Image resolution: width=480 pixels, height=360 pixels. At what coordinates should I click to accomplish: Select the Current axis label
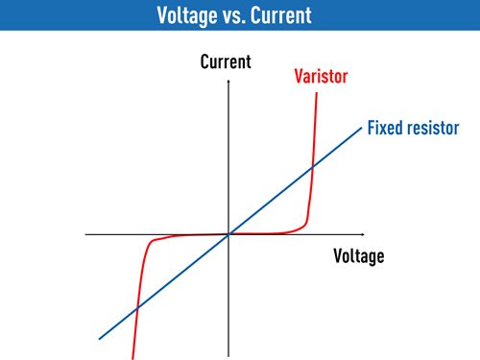point(225,62)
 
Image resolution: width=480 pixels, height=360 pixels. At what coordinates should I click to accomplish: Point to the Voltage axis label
point(358,256)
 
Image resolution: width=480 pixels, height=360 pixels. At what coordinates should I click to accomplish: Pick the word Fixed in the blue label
point(388,128)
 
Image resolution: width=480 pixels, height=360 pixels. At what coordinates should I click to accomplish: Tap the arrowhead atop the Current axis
point(229,82)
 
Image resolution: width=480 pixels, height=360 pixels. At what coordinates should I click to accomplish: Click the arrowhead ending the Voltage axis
point(362,233)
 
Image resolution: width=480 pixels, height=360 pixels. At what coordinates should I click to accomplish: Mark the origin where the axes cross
point(229,233)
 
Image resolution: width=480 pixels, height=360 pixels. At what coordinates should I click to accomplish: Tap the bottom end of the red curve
point(132,357)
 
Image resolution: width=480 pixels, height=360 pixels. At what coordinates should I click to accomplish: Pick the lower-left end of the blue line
point(99,338)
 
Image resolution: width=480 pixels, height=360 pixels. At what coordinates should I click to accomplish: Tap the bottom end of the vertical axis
point(229,356)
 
